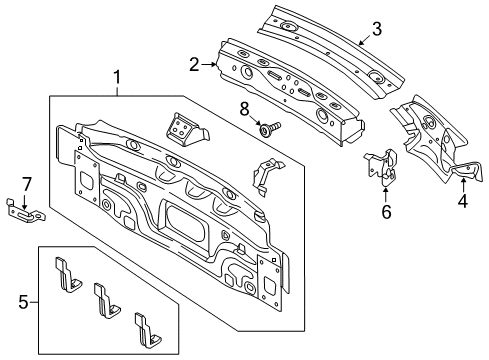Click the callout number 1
[117, 78]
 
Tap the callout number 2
[194, 64]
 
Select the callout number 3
[376, 29]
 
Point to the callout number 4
[463, 201]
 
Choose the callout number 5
[23, 302]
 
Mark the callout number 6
[386, 212]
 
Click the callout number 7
[26, 184]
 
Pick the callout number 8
[244, 109]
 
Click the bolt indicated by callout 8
[270, 128]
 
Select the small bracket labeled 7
[25, 211]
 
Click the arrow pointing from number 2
[209, 65]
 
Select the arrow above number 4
[463, 185]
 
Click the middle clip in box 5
[106, 300]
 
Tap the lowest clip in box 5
[147, 330]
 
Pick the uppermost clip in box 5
[68, 275]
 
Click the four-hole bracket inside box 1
[187, 129]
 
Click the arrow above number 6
[385, 195]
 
